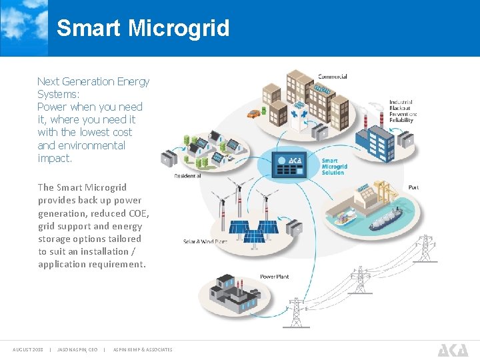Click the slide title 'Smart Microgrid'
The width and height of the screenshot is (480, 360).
pyautogui.click(x=143, y=28)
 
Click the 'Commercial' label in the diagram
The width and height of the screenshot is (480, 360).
pyautogui.click(x=332, y=77)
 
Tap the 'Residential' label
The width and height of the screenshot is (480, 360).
pyautogui.click(x=187, y=176)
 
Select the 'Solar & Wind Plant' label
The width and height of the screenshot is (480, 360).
pyautogui.click(x=205, y=241)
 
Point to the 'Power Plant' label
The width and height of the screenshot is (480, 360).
pyautogui.click(x=274, y=276)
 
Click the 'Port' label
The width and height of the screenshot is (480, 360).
pyautogui.click(x=413, y=187)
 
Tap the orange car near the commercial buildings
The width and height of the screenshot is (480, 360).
pyautogui.click(x=254, y=114)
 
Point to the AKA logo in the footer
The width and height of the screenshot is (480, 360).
pyautogui.click(x=453, y=349)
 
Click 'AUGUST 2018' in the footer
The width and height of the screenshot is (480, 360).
pyautogui.click(x=28, y=349)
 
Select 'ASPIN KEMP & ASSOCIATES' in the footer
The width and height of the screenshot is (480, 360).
pyautogui.click(x=143, y=349)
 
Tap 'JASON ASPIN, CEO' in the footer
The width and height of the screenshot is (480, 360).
pyautogui.click(x=77, y=349)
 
